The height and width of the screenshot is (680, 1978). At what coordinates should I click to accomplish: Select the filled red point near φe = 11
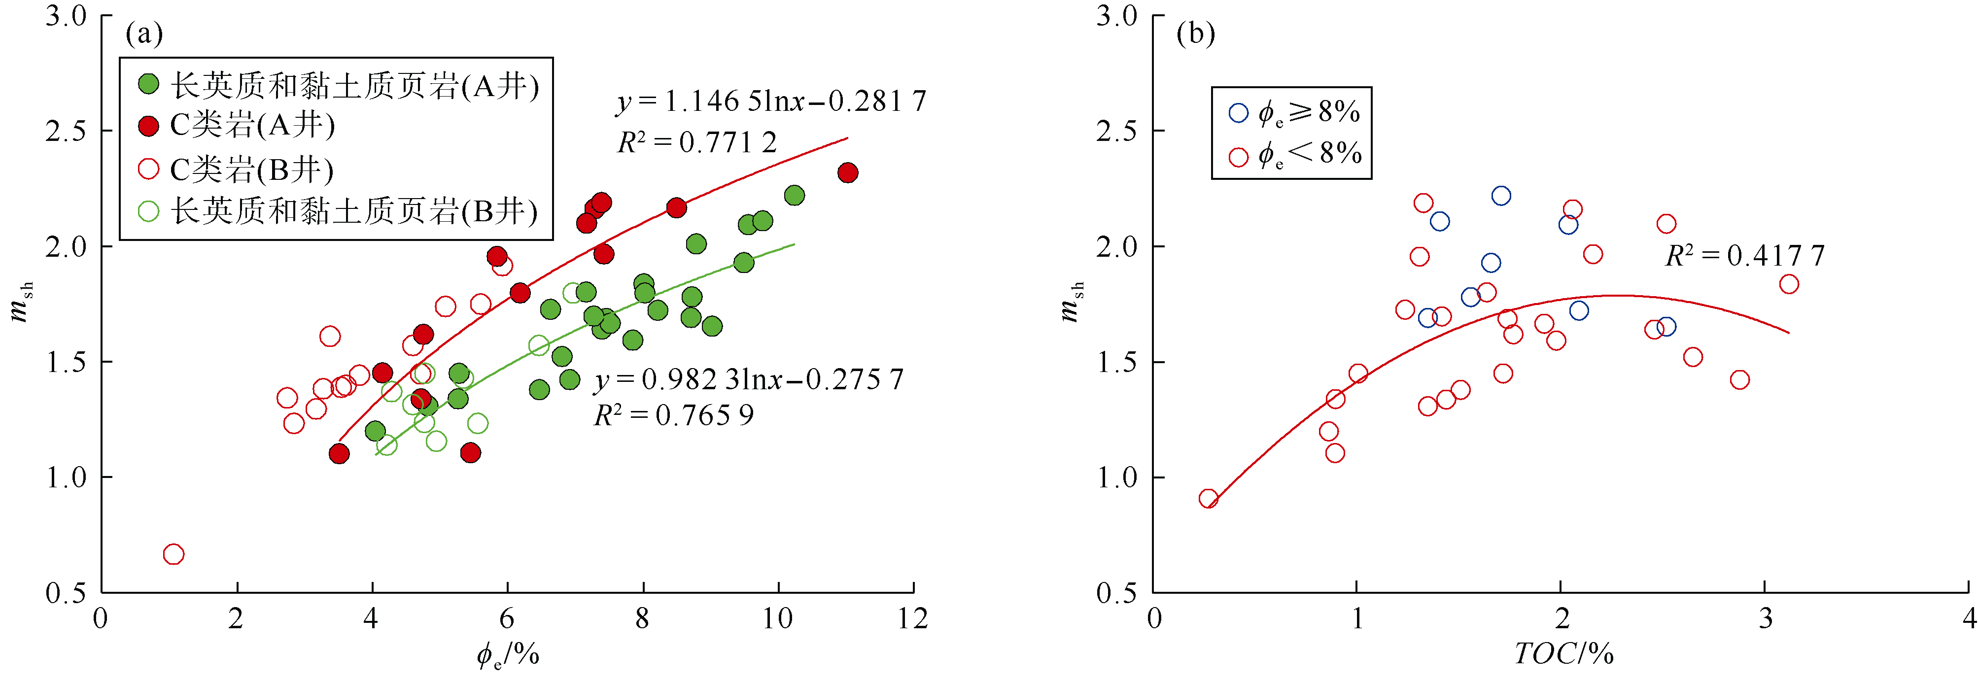(848, 172)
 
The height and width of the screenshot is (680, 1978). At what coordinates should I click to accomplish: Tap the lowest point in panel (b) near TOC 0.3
(1209, 499)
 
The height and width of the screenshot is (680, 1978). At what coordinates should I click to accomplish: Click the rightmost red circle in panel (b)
(1789, 284)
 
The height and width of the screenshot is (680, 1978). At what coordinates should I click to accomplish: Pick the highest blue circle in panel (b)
(1501, 196)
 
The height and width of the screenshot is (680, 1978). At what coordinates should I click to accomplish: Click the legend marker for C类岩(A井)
(148, 125)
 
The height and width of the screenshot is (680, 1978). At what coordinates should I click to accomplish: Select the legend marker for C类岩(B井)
(148, 169)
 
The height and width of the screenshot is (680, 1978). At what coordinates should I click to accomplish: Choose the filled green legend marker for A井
(148, 84)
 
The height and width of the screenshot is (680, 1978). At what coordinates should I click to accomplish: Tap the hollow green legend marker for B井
(148, 211)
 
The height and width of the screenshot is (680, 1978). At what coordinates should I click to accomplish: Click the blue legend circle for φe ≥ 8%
(1239, 113)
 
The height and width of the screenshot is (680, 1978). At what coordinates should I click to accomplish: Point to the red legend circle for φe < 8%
(1239, 157)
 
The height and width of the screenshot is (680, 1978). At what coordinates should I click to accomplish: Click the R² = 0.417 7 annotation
(1744, 256)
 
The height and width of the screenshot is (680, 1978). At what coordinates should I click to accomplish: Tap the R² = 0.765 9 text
(673, 415)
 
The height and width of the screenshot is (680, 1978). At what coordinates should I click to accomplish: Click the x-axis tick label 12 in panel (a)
(913, 618)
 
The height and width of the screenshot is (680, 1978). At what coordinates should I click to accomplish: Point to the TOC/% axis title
(1563, 654)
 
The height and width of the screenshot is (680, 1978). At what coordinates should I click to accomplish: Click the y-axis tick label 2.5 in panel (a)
(66, 131)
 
